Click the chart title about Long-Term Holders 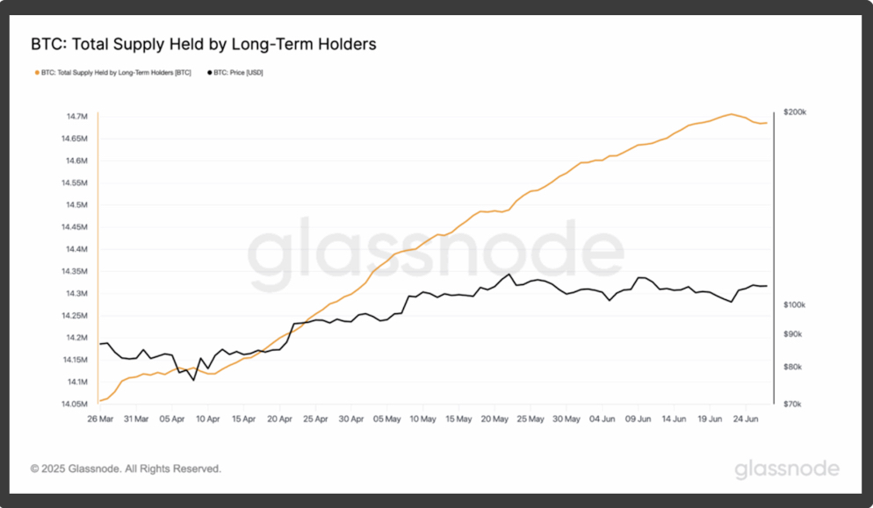[x=203, y=44]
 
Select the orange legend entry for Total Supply [x=114, y=73]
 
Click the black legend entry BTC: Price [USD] [x=235, y=73]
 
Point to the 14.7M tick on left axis [x=76, y=117]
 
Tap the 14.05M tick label [x=74, y=404]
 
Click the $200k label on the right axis [x=794, y=113]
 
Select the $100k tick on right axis [x=794, y=304]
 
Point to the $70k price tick [x=792, y=404]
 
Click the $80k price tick [x=792, y=367]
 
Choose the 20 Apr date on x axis [x=279, y=419]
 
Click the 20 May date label [x=496, y=419]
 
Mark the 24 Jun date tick [x=747, y=419]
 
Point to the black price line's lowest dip [x=194, y=380]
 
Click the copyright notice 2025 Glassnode [x=126, y=469]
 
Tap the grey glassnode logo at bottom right [x=786, y=469]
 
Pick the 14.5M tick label [x=76, y=205]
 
